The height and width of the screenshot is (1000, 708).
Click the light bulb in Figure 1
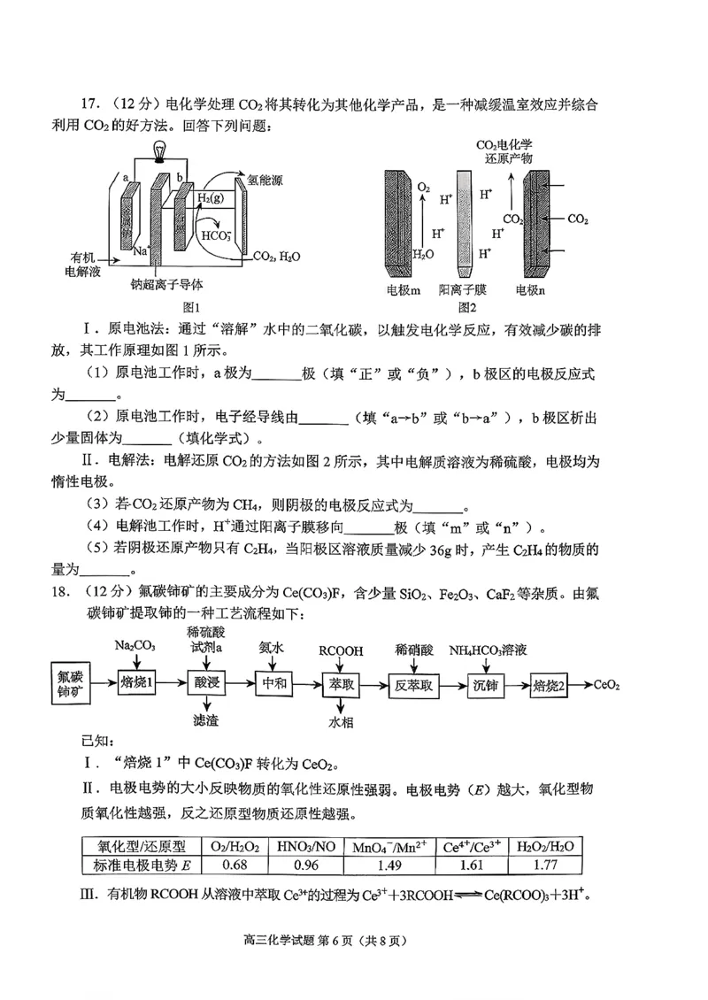160,151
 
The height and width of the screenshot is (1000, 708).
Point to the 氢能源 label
265,179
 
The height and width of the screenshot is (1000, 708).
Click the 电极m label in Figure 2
403,289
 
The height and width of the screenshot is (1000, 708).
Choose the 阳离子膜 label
462,289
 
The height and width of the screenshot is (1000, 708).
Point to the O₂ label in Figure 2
424,188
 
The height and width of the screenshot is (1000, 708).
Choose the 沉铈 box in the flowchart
486,684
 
